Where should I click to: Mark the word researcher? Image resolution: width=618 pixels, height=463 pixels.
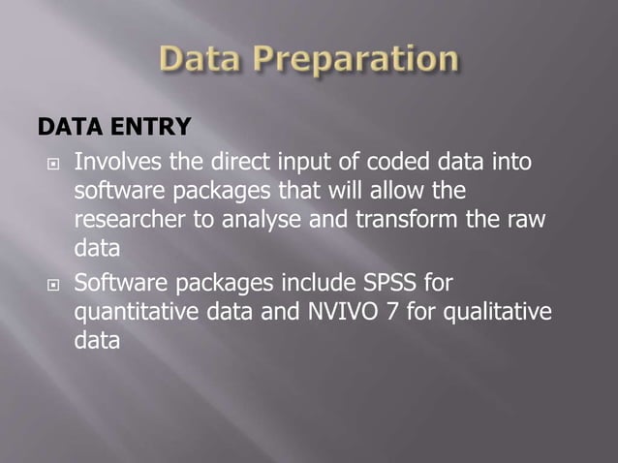(130, 218)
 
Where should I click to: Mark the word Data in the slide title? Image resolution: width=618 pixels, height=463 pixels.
(198, 61)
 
